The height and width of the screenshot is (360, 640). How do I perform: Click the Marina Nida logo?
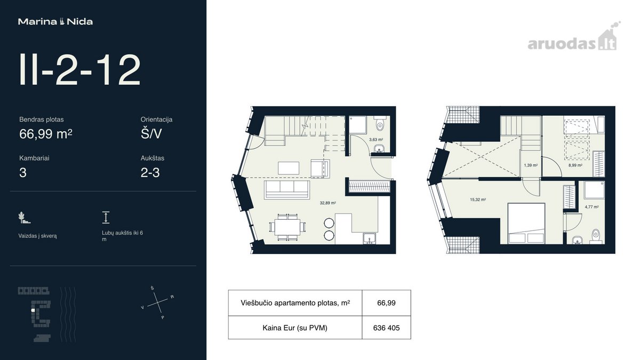click(55, 22)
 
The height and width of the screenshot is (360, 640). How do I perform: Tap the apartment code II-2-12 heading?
click(79, 70)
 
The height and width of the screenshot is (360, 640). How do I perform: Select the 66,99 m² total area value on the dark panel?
click(46, 134)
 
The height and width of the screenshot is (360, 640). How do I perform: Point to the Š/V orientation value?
click(151, 133)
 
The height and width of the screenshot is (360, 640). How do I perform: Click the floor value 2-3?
click(150, 173)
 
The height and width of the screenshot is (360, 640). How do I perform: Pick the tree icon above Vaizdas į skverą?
click(24, 218)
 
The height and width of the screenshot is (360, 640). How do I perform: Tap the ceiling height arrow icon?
click(106, 218)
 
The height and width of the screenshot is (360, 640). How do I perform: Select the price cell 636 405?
click(386, 327)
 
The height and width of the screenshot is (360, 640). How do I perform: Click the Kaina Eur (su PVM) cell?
click(295, 327)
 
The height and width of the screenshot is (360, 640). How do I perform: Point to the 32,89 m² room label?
click(327, 203)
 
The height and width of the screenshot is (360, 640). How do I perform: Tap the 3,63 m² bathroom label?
click(376, 139)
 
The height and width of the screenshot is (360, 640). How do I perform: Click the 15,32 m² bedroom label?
click(478, 199)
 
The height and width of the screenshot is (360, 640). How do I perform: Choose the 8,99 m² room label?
click(575, 165)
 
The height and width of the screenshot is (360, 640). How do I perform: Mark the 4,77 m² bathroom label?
click(591, 207)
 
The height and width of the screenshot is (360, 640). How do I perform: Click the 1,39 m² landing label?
click(531, 165)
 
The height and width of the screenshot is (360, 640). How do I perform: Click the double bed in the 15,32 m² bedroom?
click(526, 223)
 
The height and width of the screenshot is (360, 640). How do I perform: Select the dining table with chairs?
click(287, 227)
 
